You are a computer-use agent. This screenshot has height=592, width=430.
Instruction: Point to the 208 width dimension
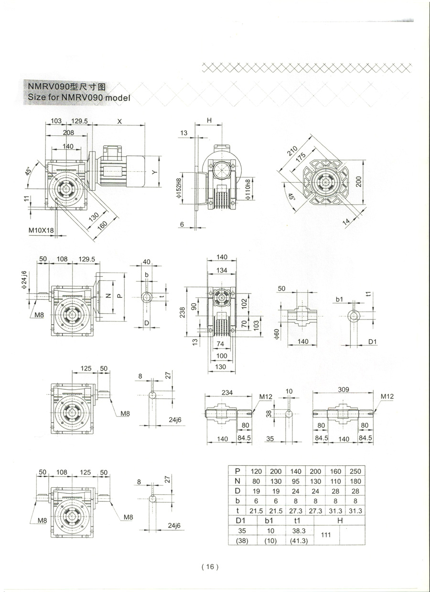point(68,132)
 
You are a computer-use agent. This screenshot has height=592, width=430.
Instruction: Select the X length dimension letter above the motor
point(119,121)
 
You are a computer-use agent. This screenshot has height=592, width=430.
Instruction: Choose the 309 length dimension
point(343,390)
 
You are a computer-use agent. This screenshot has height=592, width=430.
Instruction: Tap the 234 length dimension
point(227,392)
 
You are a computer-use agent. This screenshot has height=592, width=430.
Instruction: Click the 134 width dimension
point(222,271)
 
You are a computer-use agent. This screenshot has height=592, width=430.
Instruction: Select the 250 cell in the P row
point(355,471)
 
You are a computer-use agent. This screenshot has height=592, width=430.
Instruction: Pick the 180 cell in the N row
point(355,481)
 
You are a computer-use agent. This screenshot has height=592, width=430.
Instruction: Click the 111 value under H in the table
point(326,535)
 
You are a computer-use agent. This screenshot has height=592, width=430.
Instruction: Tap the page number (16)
point(210,567)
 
